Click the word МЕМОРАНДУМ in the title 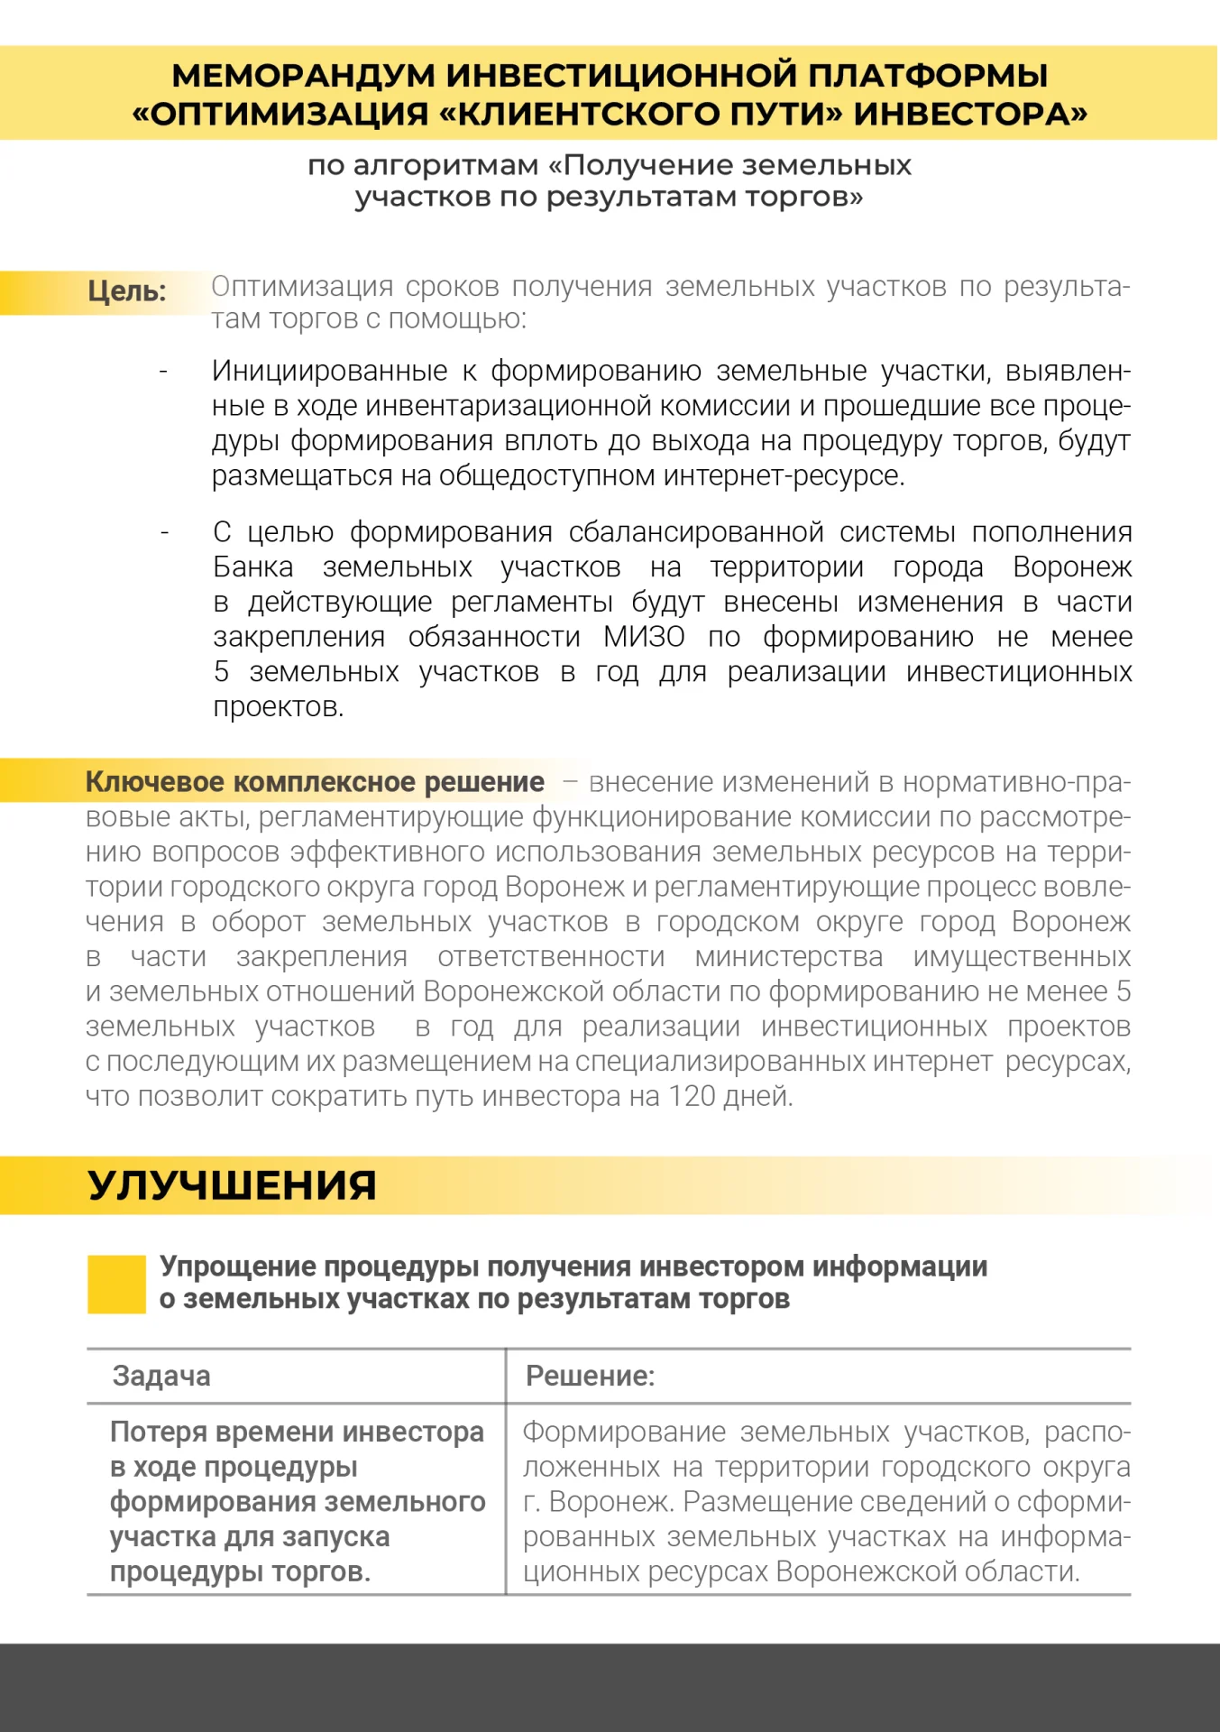coord(303,76)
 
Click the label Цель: coord(127,291)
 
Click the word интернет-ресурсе coord(784,475)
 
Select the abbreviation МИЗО coord(644,637)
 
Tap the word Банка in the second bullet coord(253,567)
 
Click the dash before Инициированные coord(163,372)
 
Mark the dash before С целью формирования coord(164,533)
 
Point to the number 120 coord(692,1097)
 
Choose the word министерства coord(789,957)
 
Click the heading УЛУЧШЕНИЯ coord(232,1185)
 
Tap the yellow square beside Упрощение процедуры coord(116,1284)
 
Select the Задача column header coord(161,1377)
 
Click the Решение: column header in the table coord(590,1377)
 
